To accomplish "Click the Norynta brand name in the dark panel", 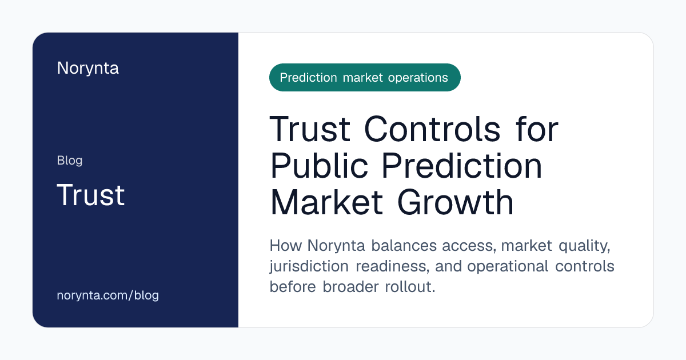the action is (88, 69).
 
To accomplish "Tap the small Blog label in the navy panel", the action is (70, 161).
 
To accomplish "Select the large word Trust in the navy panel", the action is (91, 195).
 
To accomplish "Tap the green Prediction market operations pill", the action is (365, 78).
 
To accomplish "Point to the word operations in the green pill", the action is (418, 78).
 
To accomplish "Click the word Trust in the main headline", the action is (310, 129).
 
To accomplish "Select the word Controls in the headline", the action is (432, 129).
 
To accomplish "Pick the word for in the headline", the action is (537, 129).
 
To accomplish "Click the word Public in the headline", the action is (319, 166).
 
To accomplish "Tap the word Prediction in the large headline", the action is (462, 166).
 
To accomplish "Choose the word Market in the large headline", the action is (326, 203).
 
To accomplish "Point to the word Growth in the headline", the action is (456, 203).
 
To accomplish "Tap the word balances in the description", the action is (404, 246).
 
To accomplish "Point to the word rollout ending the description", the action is (410, 287).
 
